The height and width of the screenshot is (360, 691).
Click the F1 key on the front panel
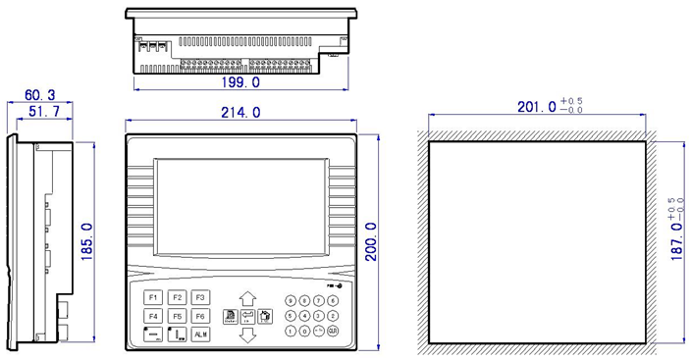pos(153,297)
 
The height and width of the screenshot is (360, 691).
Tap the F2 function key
pos(177,297)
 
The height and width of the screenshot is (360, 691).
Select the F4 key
pos(153,316)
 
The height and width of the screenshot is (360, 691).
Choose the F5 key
pos(177,316)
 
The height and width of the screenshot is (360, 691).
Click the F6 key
pos(199,316)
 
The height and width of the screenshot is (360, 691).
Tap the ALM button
pos(199,334)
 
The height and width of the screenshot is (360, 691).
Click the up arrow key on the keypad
pos(247,297)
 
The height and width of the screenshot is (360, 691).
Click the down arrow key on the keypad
pos(247,335)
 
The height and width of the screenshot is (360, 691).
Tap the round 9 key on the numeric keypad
pos(292,301)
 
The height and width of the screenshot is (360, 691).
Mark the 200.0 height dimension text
pos(372,242)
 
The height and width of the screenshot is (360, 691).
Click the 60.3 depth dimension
pos(39,95)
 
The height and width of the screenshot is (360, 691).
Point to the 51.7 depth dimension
pos(43,114)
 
